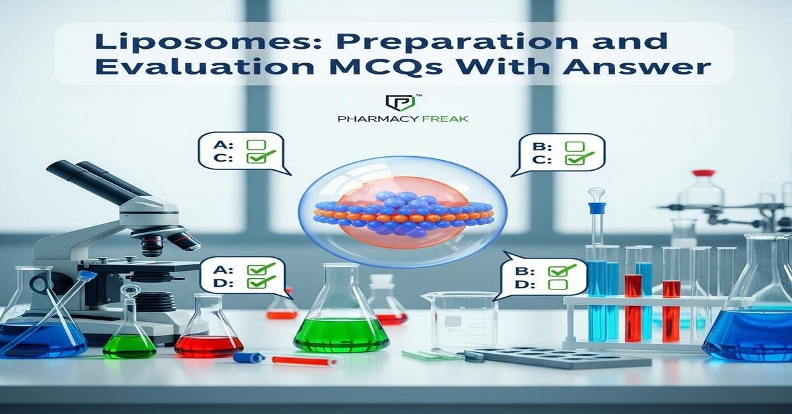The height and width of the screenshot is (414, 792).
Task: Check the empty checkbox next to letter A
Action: click(x=255, y=144)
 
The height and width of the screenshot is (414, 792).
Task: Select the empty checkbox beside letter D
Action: click(x=558, y=284)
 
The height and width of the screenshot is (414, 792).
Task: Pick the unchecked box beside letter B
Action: click(x=575, y=145)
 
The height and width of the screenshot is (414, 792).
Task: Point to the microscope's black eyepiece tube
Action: click(x=86, y=177)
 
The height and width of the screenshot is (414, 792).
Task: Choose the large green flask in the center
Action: click(x=341, y=316)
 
